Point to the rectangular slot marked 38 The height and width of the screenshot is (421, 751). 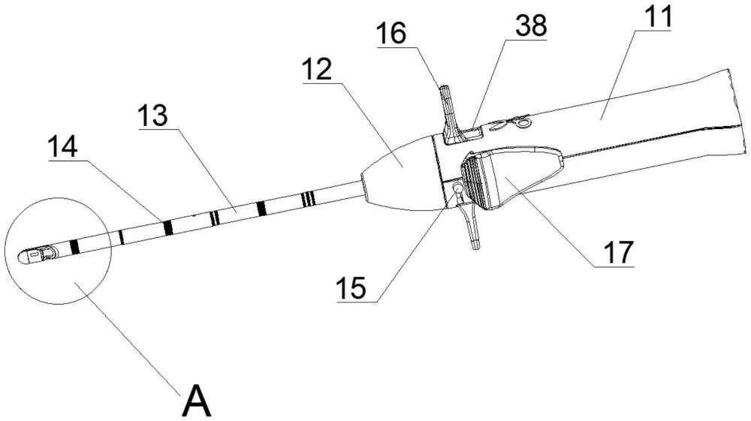point(472,132)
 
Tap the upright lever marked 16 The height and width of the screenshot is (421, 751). point(450,114)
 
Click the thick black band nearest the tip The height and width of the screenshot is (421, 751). point(74,247)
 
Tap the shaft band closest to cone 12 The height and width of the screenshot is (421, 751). point(309,197)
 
